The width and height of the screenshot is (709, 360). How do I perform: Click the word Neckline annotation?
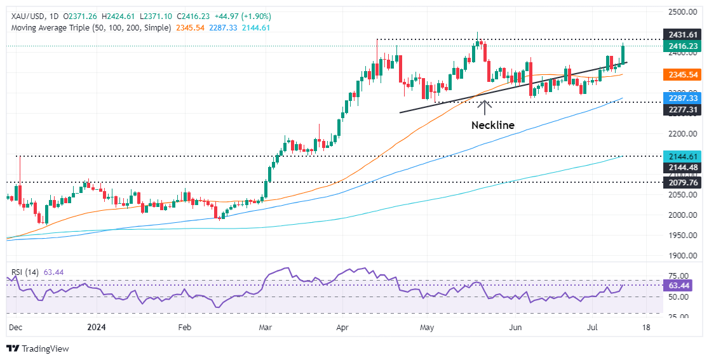492,125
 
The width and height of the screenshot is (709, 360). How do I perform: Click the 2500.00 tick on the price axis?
681,12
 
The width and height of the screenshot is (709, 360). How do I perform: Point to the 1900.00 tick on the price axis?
681,255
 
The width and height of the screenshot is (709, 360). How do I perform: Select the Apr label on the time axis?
343,328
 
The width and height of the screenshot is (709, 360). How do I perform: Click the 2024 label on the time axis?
97,328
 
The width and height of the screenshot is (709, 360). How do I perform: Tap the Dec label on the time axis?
15,328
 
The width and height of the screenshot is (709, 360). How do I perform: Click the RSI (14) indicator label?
25,272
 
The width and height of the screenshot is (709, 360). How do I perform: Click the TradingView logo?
37,349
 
